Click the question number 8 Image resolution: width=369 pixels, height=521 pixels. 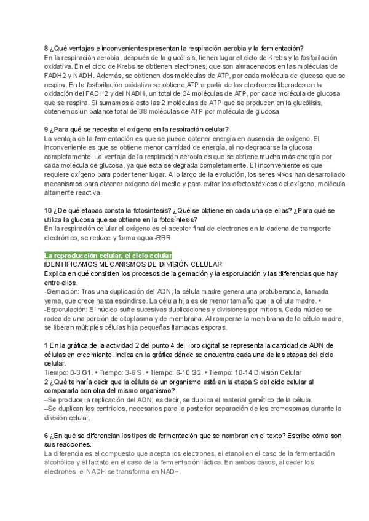click(x=47, y=49)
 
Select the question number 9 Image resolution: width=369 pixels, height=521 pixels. click(x=47, y=130)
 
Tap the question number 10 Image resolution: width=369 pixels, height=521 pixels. click(x=49, y=211)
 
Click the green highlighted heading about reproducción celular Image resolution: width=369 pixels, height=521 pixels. click(x=108, y=256)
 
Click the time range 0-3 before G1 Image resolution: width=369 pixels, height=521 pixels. click(x=77, y=372)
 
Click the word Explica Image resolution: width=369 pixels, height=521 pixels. click(x=57, y=273)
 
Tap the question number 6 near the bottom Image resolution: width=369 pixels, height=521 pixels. click(x=47, y=436)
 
